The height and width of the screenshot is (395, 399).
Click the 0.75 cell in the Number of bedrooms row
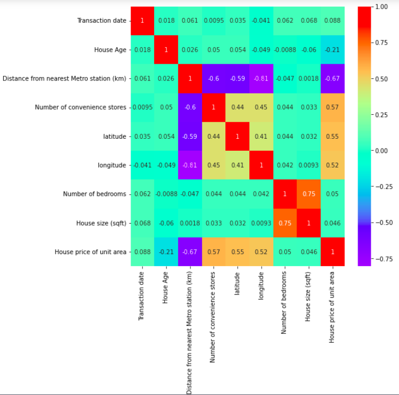309,194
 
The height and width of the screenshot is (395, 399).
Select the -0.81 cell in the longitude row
190,165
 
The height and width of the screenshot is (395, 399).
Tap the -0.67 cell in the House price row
190,251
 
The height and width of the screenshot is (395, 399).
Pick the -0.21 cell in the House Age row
333,50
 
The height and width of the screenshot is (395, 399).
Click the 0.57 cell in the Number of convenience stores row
333,107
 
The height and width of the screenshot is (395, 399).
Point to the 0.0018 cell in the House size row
190,223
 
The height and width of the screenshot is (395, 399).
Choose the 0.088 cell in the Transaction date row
333,21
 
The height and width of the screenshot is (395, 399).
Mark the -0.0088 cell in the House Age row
285,50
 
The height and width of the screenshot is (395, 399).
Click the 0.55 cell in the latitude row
333,136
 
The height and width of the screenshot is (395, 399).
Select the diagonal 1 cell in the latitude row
237,136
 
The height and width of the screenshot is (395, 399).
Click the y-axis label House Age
109,50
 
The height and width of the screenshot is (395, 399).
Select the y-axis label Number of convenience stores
81,107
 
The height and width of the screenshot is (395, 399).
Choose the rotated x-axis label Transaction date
143,297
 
